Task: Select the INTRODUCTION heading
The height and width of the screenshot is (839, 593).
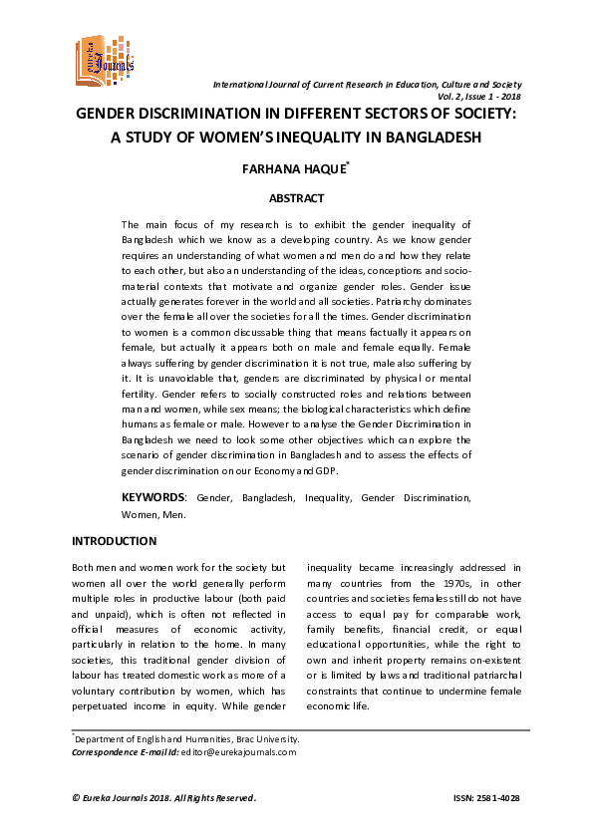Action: pos(114,541)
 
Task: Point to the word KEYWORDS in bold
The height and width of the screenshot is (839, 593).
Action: pos(152,496)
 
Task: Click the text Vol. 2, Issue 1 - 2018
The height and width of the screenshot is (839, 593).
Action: pos(478,97)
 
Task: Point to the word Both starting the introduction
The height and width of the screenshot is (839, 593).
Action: pos(87,566)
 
